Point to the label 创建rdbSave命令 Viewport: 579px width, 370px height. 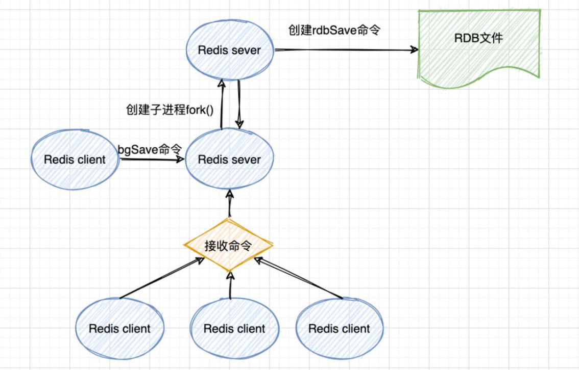pyautogui.click(x=334, y=30)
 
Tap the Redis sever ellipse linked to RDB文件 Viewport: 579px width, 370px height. pyautogui.click(x=229, y=50)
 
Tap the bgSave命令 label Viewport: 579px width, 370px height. pyautogui.click(x=150, y=149)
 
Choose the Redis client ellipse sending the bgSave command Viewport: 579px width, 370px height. pyautogui.click(x=75, y=159)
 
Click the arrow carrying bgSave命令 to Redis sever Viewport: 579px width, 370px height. pyautogui.click(x=151, y=160)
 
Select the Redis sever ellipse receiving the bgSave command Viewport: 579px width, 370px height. pyautogui.click(x=229, y=159)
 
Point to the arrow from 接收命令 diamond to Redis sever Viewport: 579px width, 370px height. pyautogui.click(x=230, y=203)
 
